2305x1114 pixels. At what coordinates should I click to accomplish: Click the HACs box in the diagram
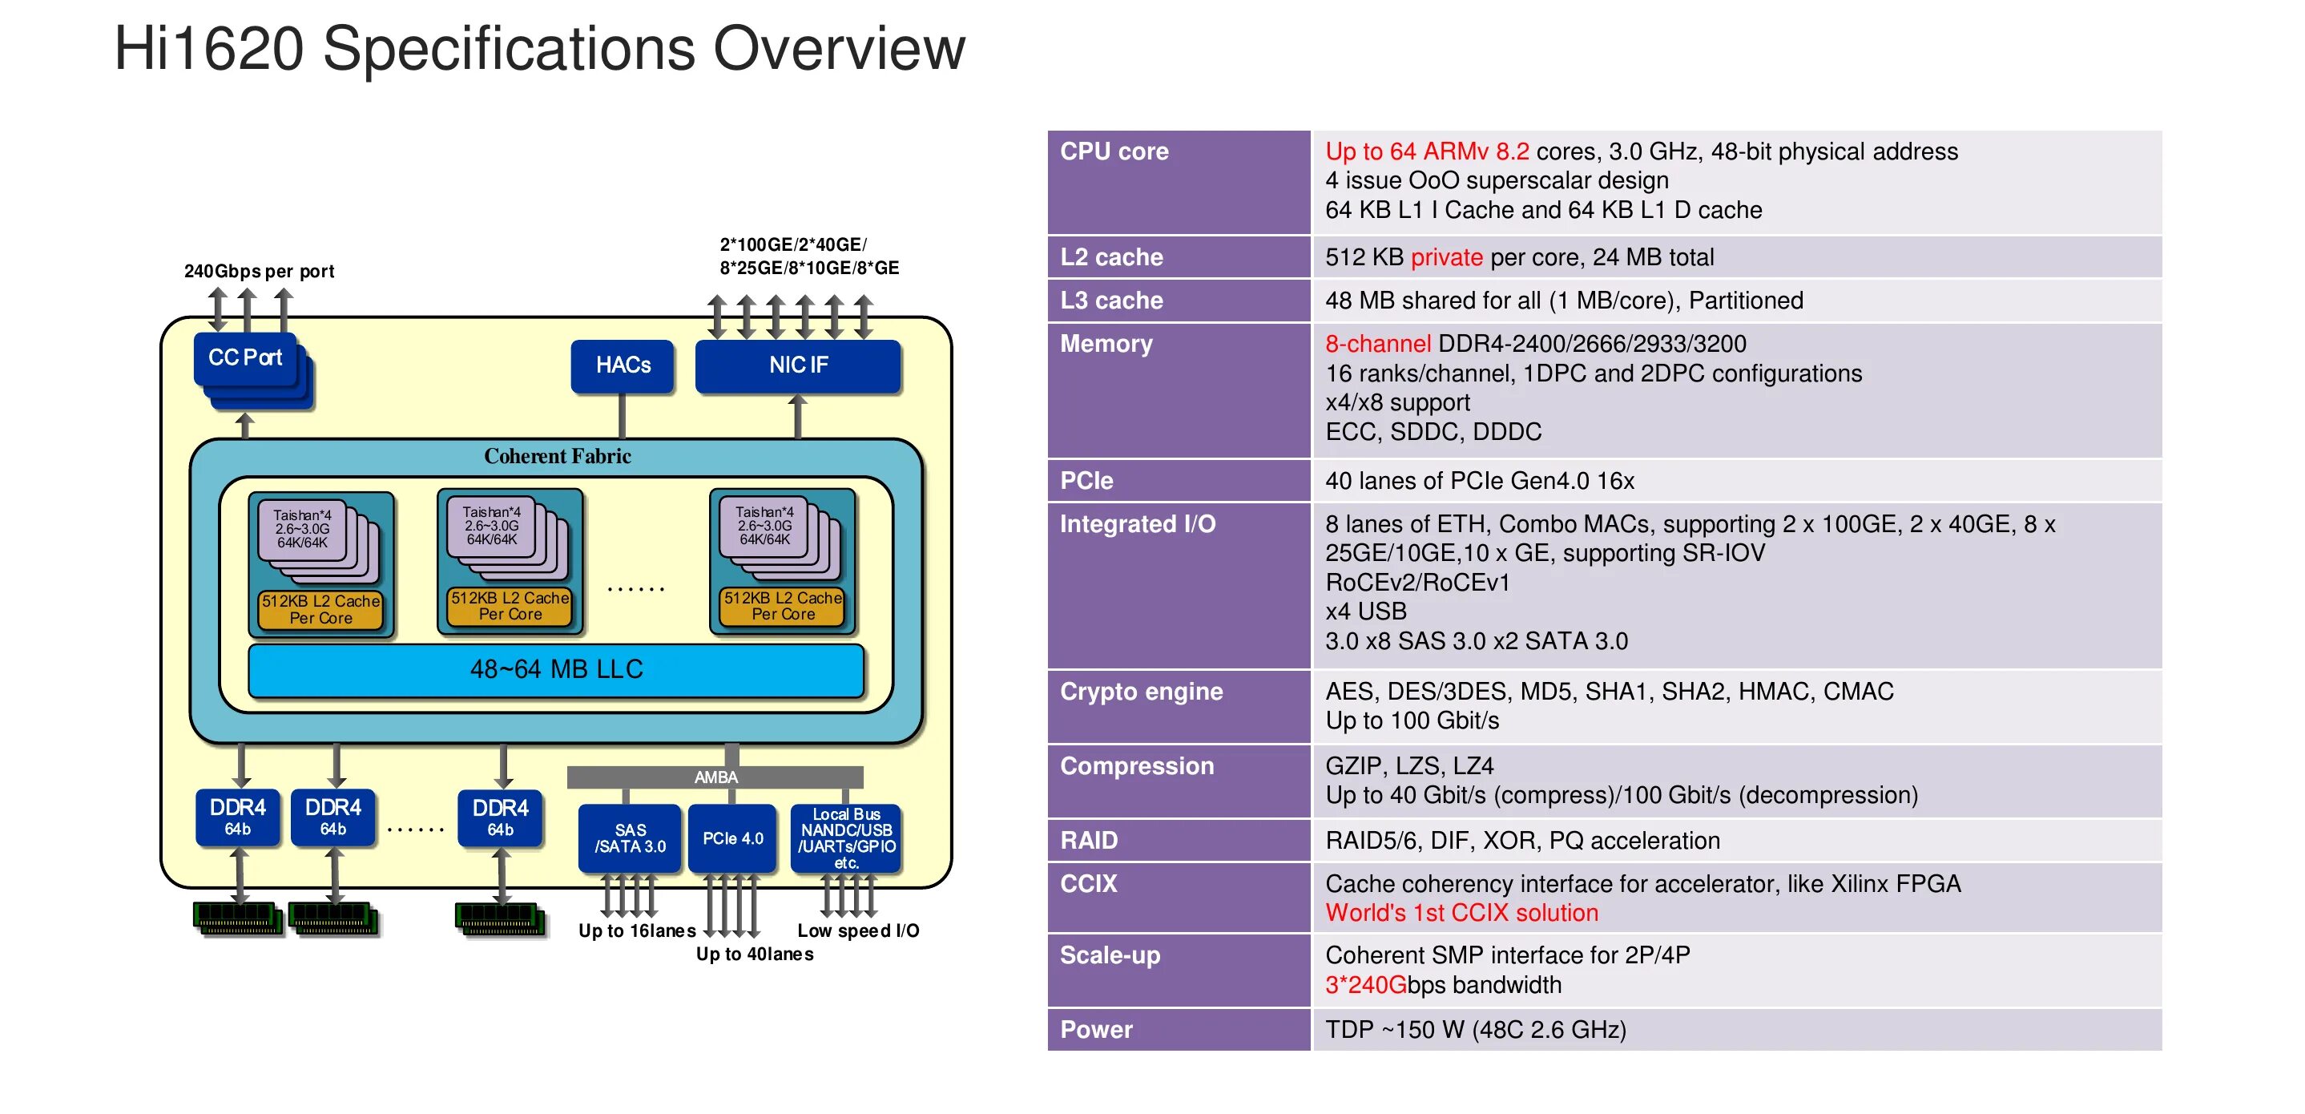(x=622, y=365)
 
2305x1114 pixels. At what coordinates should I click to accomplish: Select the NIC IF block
(x=797, y=365)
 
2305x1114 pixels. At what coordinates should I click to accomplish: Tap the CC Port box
(x=244, y=358)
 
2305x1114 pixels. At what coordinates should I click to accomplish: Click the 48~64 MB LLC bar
(x=556, y=669)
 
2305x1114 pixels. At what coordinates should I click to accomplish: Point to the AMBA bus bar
(x=715, y=777)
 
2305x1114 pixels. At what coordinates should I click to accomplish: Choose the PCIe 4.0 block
(x=732, y=838)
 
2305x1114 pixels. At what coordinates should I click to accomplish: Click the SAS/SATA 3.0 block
(x=630, y=838)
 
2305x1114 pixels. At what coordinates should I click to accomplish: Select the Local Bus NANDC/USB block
(x=845, y=838)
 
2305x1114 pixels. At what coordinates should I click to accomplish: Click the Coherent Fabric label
(x=557, y=456)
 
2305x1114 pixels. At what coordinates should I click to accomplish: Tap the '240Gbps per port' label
(x=259, y=271)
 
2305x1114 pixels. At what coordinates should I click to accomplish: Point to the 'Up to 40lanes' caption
(x=755, y=954)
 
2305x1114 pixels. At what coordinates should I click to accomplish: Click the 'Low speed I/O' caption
(x=857, y=930)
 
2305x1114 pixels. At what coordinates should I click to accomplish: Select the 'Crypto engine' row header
(x=1141, y=692)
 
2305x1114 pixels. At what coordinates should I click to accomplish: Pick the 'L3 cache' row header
(x=1111, y=301)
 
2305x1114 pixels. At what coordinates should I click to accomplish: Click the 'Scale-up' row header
(x=1110, y=955)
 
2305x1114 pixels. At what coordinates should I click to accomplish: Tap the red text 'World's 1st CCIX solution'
(x=1461, y=913)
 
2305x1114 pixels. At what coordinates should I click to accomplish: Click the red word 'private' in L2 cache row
(x=1446, y=258)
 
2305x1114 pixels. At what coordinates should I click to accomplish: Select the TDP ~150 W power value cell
(x=1475, y=1030)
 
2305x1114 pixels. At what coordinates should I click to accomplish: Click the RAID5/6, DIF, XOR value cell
(x=1522, y=841)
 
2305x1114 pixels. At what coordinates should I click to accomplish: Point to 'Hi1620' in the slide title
(x=208, y=48)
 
